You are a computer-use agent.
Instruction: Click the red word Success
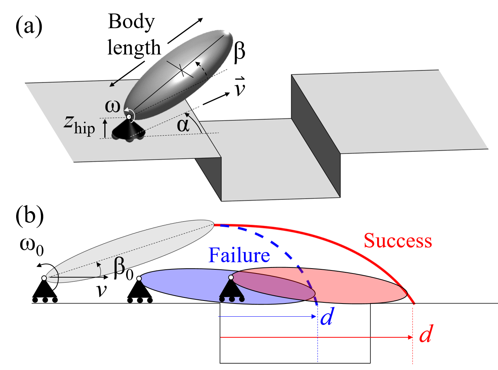(398, 241)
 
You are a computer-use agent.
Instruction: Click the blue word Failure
(239, 255)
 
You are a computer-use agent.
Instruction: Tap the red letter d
(426, 334)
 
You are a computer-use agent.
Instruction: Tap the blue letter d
(326, 317)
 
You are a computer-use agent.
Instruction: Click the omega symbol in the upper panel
(113, 106)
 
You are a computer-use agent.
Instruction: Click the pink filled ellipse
(360, 289)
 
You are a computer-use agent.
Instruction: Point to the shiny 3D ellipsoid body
(180, 71)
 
